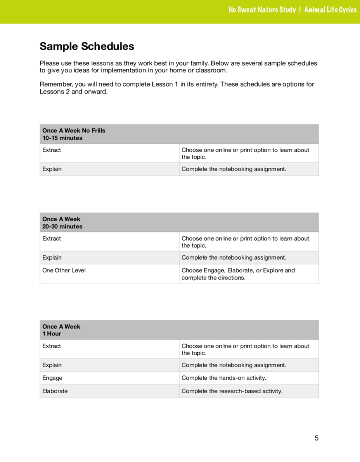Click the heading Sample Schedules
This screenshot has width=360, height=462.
point(87,47)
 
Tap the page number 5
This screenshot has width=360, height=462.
point(317,438)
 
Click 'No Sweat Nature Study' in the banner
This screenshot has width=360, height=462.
point(262,10)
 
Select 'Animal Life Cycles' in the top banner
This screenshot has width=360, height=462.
point(330,10)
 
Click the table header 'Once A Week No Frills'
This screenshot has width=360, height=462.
point(74,130)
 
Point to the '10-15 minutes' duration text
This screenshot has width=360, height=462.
point(62,138)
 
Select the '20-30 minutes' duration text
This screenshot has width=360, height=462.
point(62,226)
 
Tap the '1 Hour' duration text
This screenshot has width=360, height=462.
point(52,333)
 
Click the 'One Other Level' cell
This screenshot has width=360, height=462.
point(64,270)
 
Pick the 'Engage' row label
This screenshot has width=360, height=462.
point(52,378)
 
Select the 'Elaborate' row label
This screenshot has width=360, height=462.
point(55,391)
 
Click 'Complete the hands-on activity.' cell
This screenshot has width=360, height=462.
point(224,378)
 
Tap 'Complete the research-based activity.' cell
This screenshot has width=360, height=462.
point(232,391)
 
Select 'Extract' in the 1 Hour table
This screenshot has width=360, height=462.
point(52,346)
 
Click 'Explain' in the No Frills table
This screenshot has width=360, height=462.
point(52,169)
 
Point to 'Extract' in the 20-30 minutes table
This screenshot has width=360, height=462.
point(52,238)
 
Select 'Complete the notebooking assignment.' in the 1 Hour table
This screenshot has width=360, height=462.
point(234,365)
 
